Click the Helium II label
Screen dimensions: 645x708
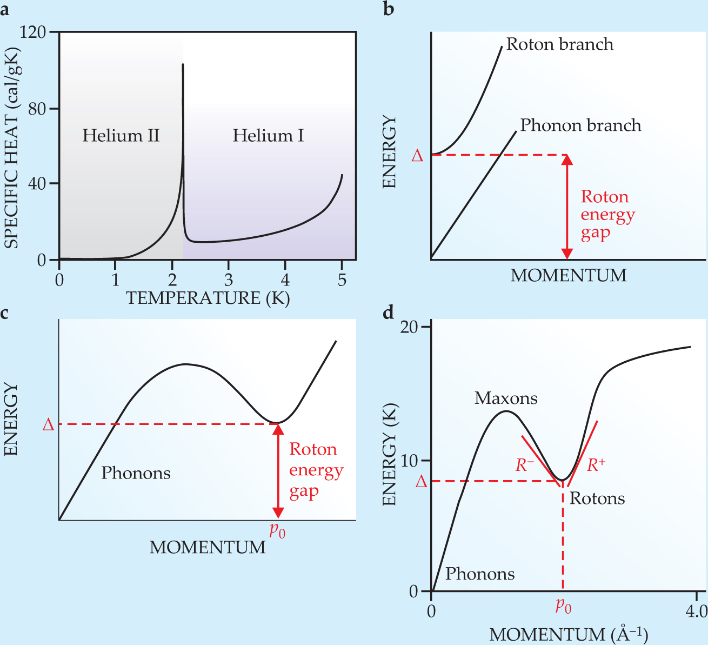click(x=121, y=135)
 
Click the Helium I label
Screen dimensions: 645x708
click(x=268, y=135)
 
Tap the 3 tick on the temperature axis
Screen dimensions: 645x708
click(x=229, y=280)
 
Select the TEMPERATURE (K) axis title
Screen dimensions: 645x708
click(x=208, y=298)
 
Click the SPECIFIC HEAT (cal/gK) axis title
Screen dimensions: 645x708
click(x=11, y=148)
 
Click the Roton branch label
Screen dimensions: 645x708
click(x=559, y=44)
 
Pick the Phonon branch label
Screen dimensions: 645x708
click(x=580, y=125)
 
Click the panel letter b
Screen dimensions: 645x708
click(x=389, y=9)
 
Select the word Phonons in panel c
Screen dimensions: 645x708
click(x=136, y=473)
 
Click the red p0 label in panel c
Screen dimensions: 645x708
click(x=277, y=530)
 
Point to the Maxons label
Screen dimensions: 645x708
click(x=506, y=398)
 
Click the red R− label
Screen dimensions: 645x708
click(x=525, y=465)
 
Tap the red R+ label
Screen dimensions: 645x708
click(x=596, y=464)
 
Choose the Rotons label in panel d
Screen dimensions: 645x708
click(x=597, y=498)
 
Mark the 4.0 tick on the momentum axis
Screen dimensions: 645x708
click(x=696, y=611)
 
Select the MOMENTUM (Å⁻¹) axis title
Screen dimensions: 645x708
click(x=569, y=634)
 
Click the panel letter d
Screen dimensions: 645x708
click(x=389, y=312)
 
